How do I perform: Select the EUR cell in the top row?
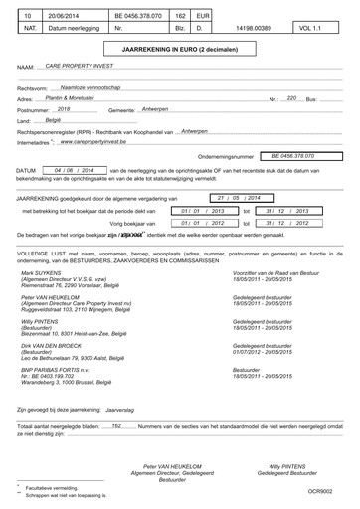click(200, 17)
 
